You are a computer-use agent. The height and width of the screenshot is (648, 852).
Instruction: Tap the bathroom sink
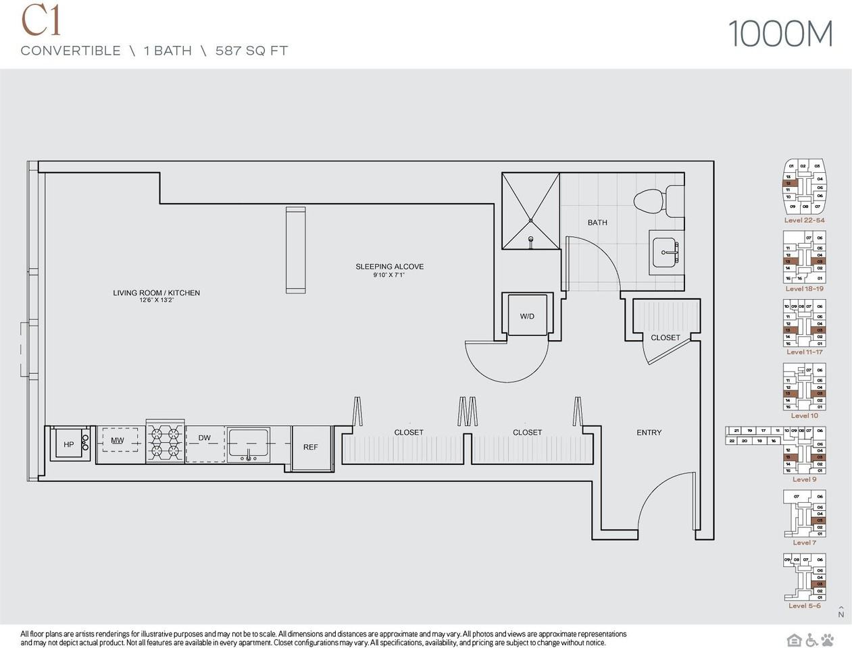667,252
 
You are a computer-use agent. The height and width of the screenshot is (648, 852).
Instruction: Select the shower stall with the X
530,211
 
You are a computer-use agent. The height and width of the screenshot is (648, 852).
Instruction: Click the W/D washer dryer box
527,315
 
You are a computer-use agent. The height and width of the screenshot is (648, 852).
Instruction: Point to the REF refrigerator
311,447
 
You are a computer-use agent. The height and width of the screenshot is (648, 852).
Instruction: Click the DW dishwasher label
205,438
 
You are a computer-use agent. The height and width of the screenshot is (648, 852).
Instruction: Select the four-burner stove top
166,443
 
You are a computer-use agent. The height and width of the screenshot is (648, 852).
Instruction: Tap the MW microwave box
118,441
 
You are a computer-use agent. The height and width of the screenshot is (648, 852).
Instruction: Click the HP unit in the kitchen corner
69,444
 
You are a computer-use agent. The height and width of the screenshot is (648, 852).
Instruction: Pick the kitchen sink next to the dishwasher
248,444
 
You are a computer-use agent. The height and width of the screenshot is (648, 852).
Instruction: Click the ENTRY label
649,433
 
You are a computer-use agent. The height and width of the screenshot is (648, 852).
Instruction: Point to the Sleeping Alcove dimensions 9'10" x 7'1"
389,275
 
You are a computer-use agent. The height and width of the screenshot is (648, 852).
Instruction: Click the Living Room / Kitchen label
156,293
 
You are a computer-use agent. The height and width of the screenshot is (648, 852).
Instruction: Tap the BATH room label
597,222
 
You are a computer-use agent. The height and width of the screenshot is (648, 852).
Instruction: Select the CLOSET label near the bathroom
666,337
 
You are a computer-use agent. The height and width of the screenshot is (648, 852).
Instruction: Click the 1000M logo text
780,34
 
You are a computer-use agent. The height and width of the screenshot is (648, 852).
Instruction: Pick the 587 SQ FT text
251,51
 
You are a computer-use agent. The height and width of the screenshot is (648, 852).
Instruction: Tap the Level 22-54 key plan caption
804,220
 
